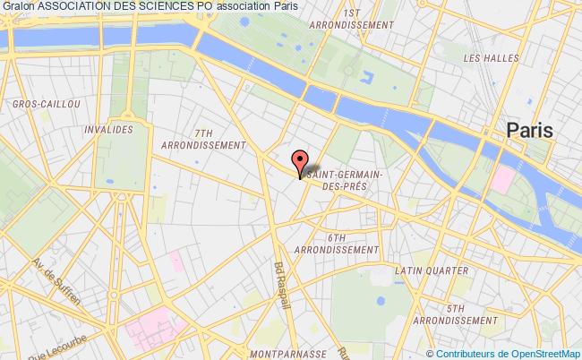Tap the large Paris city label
tap(530, 131)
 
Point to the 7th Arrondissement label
tap(204, 138)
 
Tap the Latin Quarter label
tap(432, 270)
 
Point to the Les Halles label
tap(484, 58)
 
